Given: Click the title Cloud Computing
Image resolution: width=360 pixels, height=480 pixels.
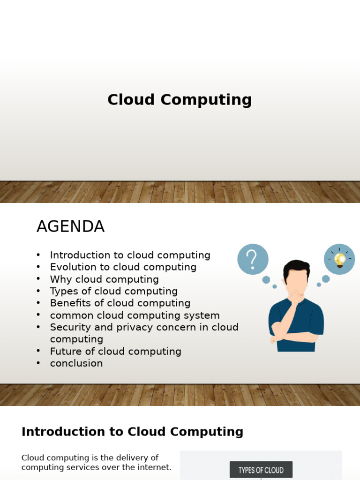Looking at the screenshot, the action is click(x=180, y=100).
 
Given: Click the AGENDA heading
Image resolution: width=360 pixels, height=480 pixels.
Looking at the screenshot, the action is click(x=71, y=226).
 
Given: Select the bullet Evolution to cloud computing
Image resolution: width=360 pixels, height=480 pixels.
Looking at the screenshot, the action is click(x=123, y=267).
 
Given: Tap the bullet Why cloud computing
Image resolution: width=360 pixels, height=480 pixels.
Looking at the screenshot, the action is click(x=105, y=279).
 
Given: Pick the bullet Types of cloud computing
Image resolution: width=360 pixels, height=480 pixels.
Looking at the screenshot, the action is click(x=114, y=291).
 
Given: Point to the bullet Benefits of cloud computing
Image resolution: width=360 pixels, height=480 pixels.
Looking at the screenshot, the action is click(x=120, y=303).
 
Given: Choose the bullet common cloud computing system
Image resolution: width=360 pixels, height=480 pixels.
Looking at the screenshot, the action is click(x=135, y=315).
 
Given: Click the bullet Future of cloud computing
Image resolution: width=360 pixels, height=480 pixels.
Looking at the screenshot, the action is click(x=116, y=352).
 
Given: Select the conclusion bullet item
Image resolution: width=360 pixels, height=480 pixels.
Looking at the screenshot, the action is click(x=76, y=363).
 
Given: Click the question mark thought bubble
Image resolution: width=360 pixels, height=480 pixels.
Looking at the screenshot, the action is click(x=253, y=259).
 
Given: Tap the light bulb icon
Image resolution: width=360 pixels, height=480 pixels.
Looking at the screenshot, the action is click(x=339, y=260).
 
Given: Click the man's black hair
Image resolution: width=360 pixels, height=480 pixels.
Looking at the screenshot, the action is click(x=296, y=268).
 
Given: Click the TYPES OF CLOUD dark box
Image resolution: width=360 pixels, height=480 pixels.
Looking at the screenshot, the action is click(x=261, y=470).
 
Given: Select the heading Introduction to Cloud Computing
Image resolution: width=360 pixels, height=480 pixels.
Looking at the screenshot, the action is click(x=132, y=432).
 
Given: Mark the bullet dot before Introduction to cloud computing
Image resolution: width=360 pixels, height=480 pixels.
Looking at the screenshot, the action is click(x=38, y=255).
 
